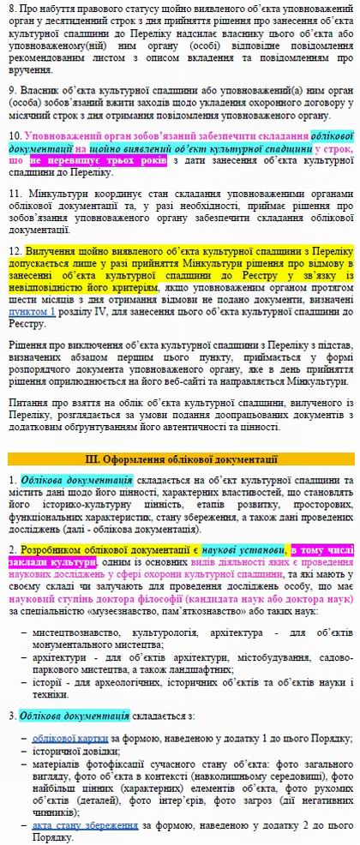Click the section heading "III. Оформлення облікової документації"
point(180,460)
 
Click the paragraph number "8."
point(13,10)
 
